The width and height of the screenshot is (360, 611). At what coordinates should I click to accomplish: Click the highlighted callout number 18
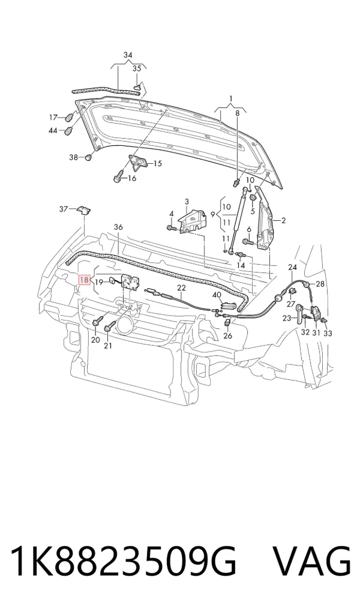85,280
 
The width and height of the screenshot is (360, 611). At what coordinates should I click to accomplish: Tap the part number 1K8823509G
123,562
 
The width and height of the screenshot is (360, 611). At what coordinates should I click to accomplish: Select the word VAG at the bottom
311,562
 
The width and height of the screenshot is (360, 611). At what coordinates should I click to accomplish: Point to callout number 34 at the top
128,55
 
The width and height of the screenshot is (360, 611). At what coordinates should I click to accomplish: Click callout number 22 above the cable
182,288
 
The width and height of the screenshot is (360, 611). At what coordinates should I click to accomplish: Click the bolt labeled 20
97,321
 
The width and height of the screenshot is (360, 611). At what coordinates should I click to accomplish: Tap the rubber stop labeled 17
70,117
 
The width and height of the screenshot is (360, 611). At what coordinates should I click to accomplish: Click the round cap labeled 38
88,157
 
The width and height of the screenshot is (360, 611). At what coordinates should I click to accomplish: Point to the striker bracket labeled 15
137,162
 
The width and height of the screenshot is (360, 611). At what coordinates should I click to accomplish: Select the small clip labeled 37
83,209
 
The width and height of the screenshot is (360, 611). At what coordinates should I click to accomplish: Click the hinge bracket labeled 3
191,221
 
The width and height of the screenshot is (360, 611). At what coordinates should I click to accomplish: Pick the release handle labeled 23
299,313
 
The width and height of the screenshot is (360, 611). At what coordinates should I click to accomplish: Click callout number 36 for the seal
118,227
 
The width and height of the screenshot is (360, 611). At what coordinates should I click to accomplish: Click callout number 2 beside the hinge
283,220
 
